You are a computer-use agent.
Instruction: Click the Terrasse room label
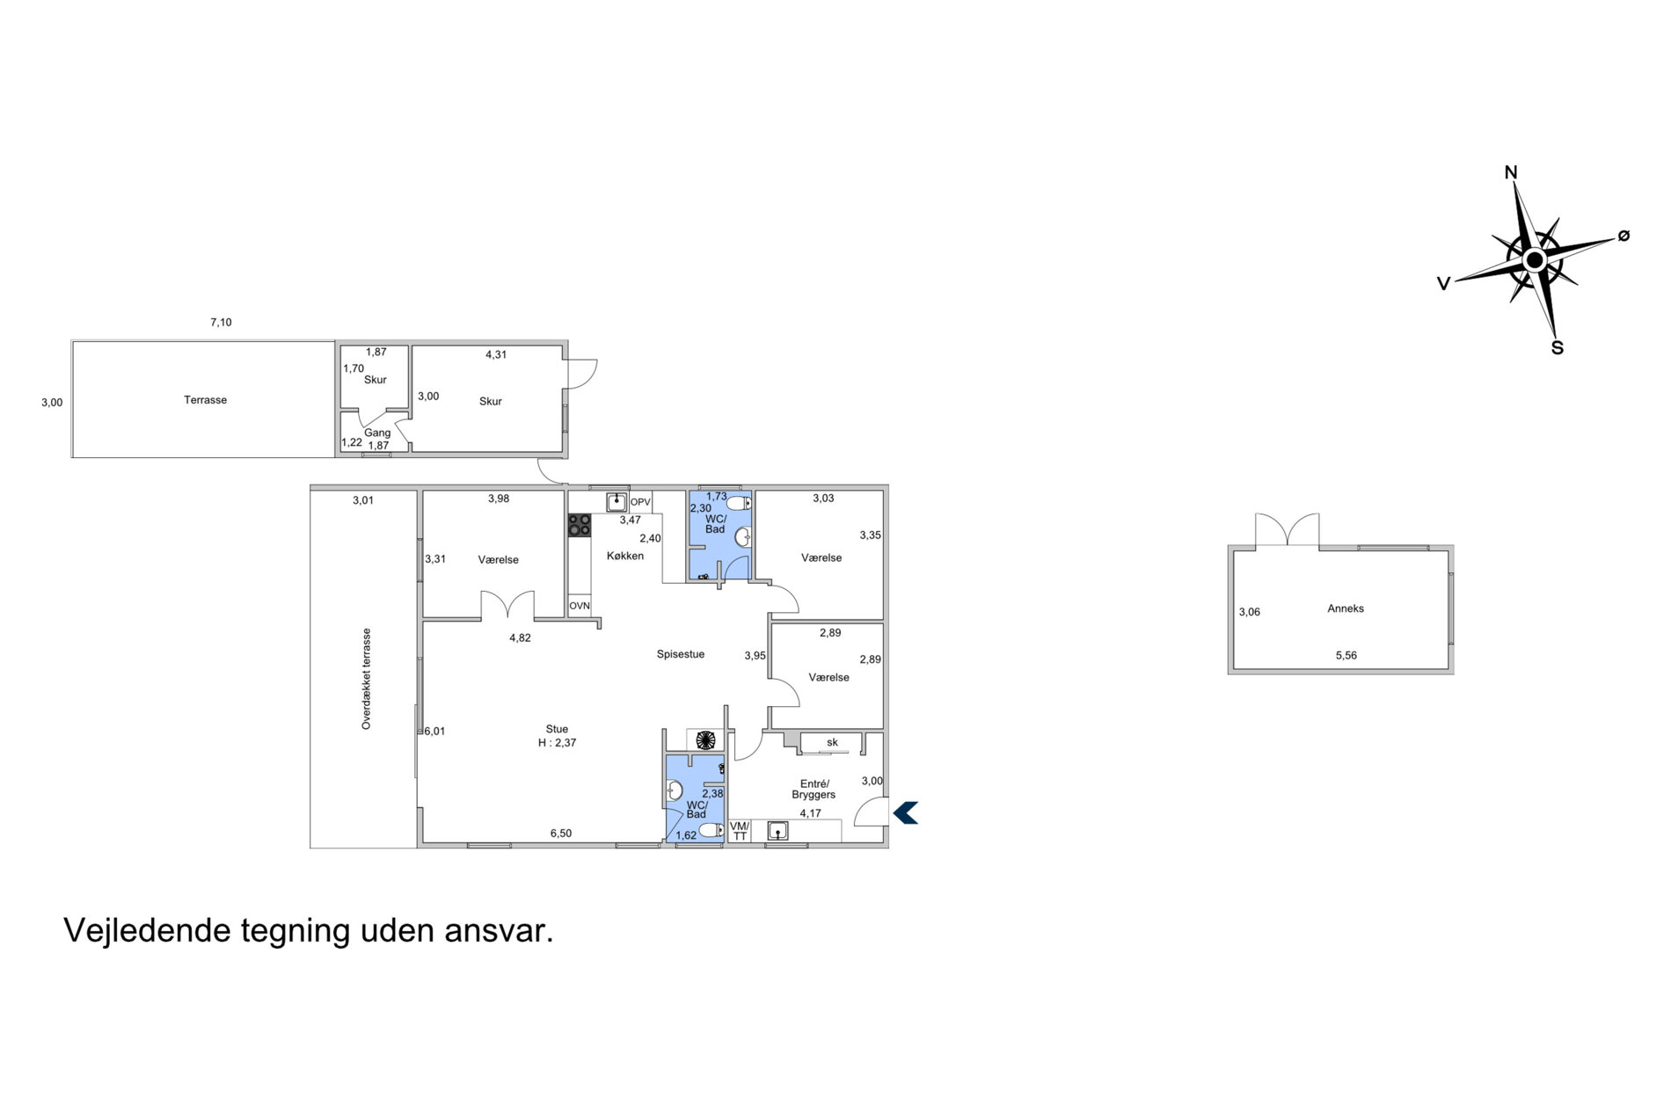205,400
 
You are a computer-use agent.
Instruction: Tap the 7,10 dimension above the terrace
221,323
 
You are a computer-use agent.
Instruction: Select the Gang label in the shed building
377,433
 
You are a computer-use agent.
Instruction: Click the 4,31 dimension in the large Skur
496,355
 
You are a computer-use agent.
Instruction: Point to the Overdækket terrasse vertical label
367,679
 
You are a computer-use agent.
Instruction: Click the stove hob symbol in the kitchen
580,525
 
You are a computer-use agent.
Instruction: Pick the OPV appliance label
640,503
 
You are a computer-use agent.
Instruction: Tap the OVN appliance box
580,607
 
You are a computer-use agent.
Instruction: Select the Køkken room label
625,557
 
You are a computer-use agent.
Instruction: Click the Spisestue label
681,655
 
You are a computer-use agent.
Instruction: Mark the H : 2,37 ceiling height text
558,743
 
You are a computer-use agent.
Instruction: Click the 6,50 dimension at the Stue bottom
561,834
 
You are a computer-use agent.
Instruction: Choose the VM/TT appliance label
740,831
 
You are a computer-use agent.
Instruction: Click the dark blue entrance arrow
906,813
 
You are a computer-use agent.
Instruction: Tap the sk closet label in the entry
832,743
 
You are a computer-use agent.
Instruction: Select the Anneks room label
1346,608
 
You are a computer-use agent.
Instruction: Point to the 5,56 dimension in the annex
1346,656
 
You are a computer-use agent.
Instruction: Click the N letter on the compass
1511,172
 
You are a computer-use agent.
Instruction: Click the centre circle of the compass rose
1535,260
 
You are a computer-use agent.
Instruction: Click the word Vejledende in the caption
148,931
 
